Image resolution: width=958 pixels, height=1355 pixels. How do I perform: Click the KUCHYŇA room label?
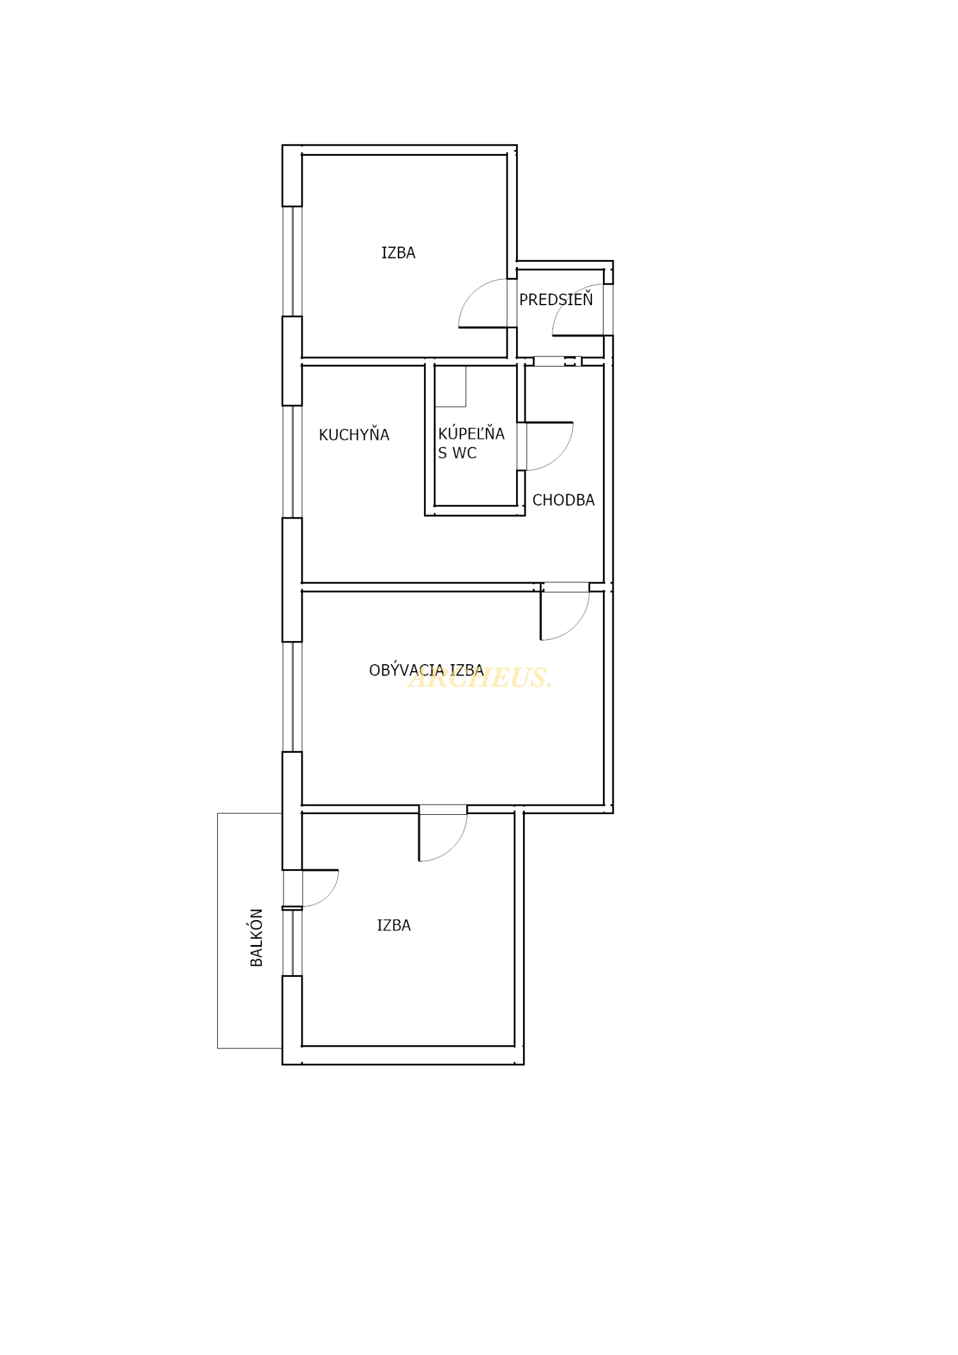(354, 434)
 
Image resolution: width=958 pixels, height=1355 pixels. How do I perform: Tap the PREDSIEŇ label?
(556, 299)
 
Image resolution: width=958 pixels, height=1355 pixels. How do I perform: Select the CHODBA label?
(563, 500)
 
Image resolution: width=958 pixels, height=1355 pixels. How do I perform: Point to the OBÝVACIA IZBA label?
(426, 670)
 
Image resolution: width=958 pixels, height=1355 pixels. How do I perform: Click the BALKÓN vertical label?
(256, 937)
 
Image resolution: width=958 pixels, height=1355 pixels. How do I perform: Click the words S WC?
(457, 453)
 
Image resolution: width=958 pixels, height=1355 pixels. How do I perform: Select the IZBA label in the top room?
(399, 253)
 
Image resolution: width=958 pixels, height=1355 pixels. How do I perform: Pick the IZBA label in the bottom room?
(393, 925)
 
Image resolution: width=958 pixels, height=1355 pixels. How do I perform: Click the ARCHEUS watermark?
(480, 677)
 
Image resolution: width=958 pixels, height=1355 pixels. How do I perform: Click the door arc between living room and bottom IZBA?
(453, 847)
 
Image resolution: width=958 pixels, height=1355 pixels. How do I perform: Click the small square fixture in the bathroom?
(450, 386)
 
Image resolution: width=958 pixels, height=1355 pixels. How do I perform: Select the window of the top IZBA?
(292, 261)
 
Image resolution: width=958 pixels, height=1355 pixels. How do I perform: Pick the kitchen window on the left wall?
(292, 462)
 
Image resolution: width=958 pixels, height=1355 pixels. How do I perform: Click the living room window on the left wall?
(292, 697)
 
